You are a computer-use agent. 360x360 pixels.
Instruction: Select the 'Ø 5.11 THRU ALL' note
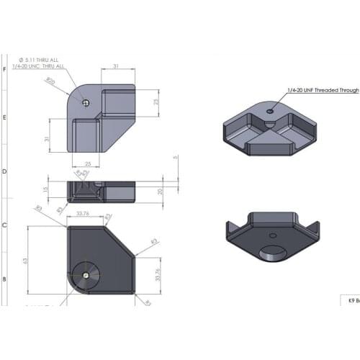(45, 60)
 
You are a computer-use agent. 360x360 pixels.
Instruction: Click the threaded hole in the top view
(86, 103)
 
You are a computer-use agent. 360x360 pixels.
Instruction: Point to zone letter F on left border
(6, 69)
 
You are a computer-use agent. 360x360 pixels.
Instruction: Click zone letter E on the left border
(6, 117)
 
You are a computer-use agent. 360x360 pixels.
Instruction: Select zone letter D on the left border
(6, 171)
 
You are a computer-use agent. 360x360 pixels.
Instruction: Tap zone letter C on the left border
(6, 225)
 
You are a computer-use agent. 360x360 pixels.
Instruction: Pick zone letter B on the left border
(6, 279)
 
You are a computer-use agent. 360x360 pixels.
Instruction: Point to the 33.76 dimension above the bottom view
(81, 213)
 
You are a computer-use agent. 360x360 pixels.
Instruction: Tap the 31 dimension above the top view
(115, 67)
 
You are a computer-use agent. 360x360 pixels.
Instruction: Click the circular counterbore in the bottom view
(86, 274)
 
